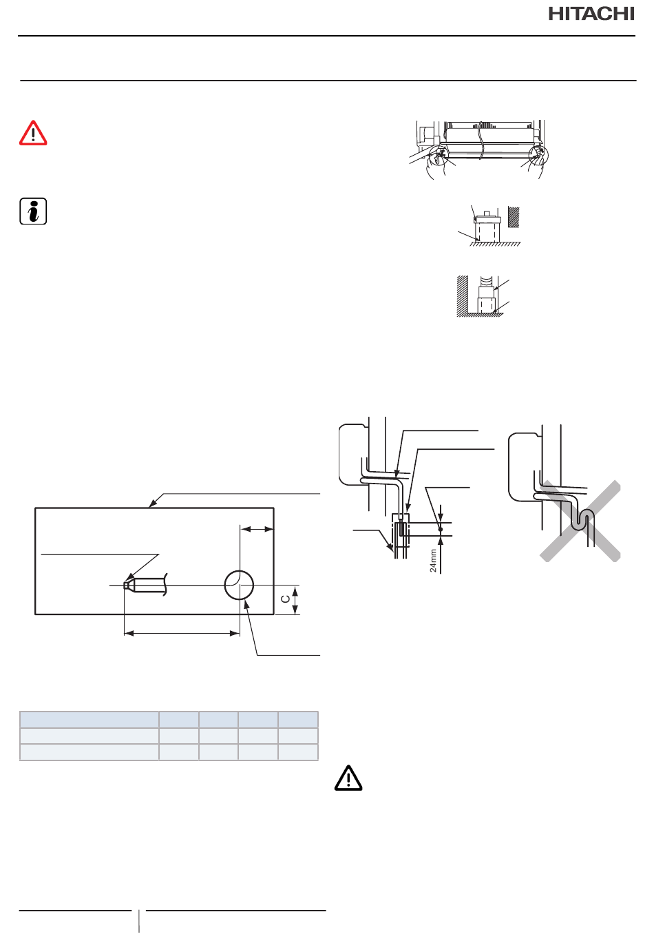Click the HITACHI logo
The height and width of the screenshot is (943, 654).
[591, 14]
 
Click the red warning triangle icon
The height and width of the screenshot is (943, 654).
[33, 133]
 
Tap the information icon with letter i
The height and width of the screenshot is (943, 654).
[33, 211]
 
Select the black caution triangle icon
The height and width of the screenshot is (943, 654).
[348, 778]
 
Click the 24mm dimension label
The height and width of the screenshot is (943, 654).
[433, 561]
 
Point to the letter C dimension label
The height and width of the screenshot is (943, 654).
[286, 599]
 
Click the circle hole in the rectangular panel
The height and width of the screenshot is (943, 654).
[239, 585]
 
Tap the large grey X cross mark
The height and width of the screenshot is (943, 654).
[580, 521]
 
